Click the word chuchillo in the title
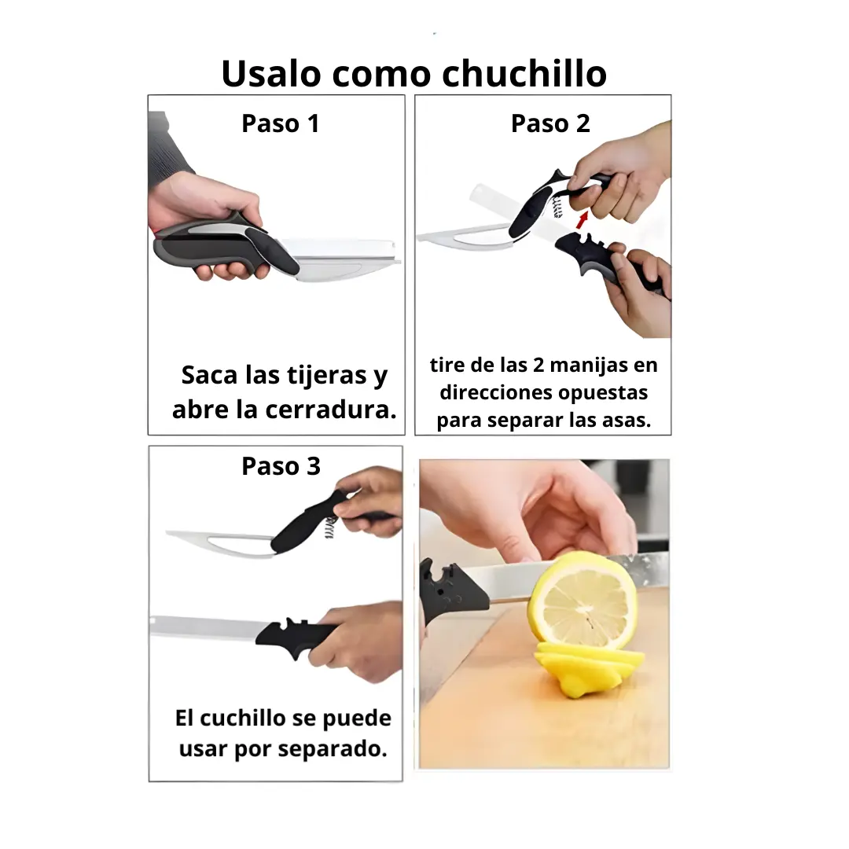(524, 73)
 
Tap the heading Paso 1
(280, 123)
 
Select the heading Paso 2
(550, 123)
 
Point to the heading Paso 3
(281, 466)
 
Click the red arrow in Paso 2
(582, 219)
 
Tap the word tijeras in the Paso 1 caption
(326, 376)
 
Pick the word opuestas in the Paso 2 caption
(603, 394)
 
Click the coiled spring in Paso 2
(557, 207)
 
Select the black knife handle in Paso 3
(295, 636)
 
